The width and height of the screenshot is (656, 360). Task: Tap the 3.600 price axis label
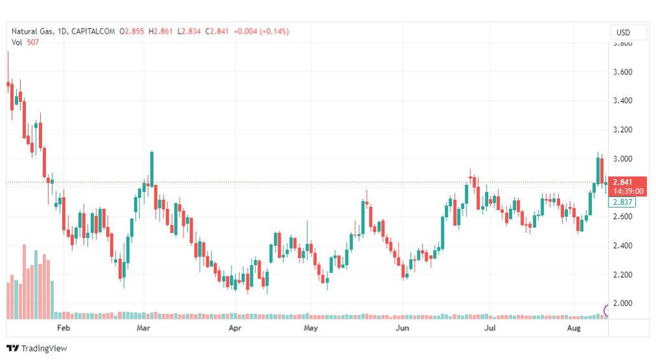(622, 72)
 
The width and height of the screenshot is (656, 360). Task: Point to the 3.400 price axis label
(622, 101)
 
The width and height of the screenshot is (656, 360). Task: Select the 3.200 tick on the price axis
(622, 130)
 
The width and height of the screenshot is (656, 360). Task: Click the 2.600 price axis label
(622, 217)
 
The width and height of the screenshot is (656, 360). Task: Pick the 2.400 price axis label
(622, 246)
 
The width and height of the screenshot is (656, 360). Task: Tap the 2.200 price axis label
(622, 275)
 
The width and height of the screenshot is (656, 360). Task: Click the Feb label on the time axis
(63, 329)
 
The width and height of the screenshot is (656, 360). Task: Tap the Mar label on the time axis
(143, 329)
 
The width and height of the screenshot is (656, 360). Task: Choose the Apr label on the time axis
(235, 329)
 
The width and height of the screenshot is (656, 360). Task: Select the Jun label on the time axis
(403, 329)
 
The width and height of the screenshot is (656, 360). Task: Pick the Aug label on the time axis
(573, 329)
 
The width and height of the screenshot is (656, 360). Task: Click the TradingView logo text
(44, 348)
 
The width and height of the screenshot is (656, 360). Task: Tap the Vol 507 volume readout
(25, 43)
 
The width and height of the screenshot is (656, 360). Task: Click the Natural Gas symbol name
(32, 31)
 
